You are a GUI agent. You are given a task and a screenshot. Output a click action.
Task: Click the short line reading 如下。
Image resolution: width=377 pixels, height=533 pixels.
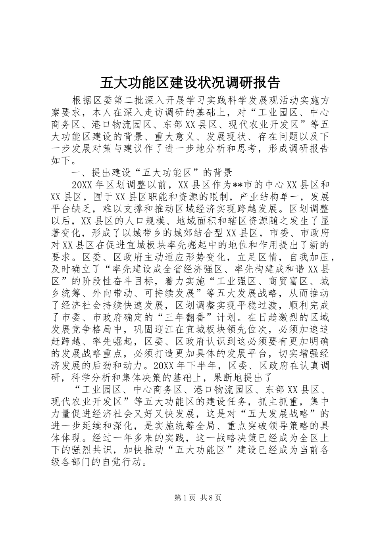pos(62,161)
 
